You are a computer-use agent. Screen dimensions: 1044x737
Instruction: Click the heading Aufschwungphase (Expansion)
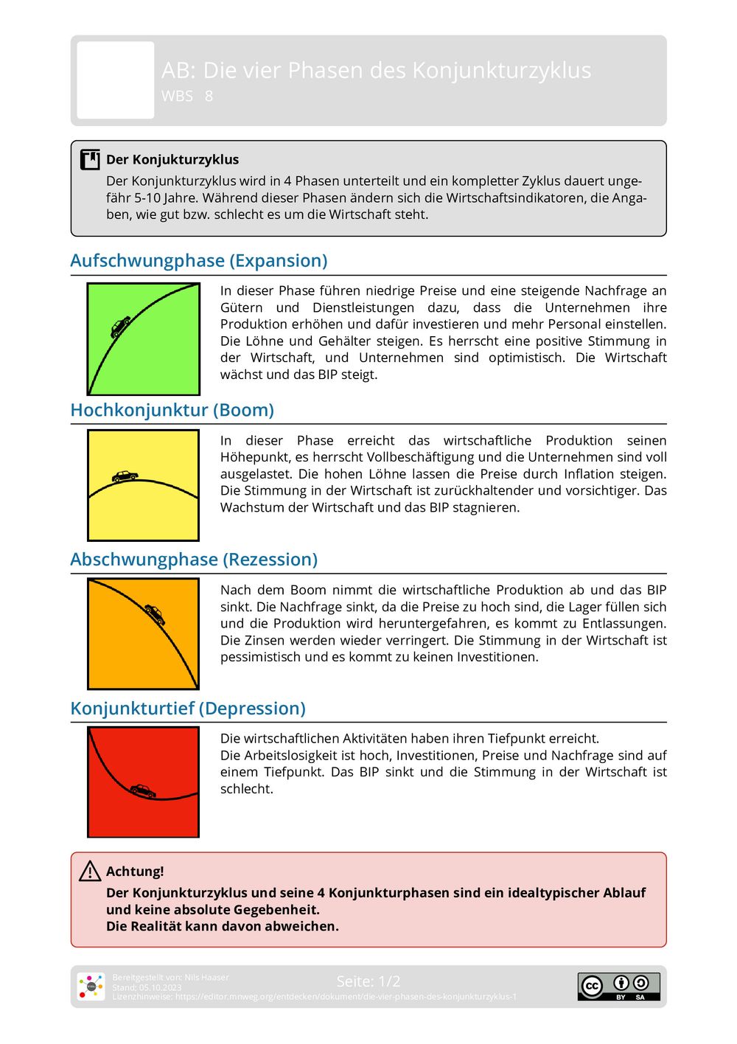tap(199, 261)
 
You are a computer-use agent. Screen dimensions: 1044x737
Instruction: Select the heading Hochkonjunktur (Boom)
tap(172, 410)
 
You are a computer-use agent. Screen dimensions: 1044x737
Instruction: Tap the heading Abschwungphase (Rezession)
tap(194, 560)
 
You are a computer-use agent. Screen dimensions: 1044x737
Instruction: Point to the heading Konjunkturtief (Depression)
tap(188, 709)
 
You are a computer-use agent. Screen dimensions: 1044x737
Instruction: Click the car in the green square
tap(120, 326)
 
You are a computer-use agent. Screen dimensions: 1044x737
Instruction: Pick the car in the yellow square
tap(125, 476)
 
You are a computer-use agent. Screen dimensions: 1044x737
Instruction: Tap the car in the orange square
tap(155, 613)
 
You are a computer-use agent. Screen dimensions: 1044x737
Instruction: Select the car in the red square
tap(143, 791)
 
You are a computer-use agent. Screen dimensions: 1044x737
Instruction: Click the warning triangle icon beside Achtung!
tap(90, 871)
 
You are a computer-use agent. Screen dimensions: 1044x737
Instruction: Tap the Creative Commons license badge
tap(618, 986)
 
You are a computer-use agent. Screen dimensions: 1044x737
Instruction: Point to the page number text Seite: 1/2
tap(368, 981)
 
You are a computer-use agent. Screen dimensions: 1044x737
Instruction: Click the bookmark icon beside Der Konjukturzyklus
tap(90, 159)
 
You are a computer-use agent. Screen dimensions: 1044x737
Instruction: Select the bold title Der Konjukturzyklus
tap(172, 159)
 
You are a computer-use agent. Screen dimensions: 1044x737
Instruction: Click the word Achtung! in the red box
tap(135, 871)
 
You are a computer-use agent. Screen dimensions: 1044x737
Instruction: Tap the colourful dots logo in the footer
tap(91, 986)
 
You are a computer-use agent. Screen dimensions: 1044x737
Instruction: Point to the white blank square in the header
tap(116, 80)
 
